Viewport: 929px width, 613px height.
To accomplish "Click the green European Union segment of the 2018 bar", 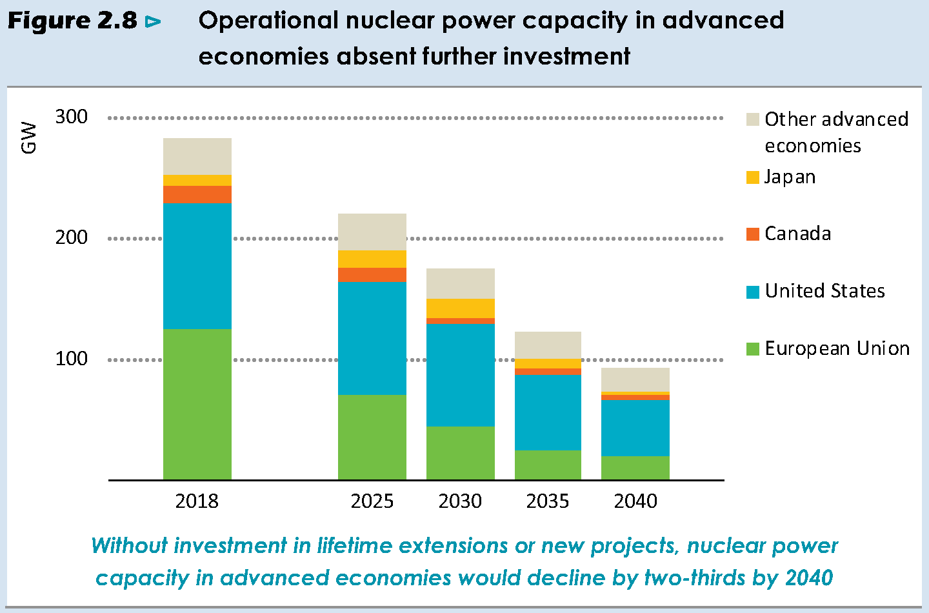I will pyautogui.click(x=197, y=404).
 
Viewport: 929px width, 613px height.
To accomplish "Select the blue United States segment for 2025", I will pyautogui.click(x=372, y=338).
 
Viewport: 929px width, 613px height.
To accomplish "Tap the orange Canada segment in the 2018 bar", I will pyautogui.click(x=197, y=194).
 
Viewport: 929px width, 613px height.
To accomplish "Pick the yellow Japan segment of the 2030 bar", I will pyautogui.click(x=461, y=308).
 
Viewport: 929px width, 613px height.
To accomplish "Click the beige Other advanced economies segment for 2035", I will pyautogui.click(x=548, y=345).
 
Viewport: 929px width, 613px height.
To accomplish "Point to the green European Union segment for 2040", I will pyautogui.click(x=635, y=468).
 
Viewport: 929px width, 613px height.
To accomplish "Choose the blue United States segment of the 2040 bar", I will pyautogui.click(x=635, y=428).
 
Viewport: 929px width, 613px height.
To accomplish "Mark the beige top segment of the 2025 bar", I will pyautogui.click(x=372, y=232).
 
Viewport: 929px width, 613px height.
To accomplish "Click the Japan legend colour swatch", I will pyautogui.click(x=752, y=177).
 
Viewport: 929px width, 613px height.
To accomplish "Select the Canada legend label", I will pyautogui.click(x=797, y=234).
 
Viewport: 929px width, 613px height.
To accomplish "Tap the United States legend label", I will pyautogui.click(x=824, y=291).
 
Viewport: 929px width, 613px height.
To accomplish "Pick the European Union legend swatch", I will pyautogui.click(x=752, y=349).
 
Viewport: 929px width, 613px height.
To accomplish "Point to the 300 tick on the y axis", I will pyautogui.click(x=72, y=117).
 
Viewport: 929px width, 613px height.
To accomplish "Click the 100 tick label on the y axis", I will pyautogui.click(x=72, y=359).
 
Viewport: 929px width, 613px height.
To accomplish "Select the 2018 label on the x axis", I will pyautogui.click(x=197, y=501).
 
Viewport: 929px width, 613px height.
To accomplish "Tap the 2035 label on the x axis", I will pyautogui.click(x=548, y=501).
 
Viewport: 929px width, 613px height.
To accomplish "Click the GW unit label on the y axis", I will pyautogui.click(x=29, y=137).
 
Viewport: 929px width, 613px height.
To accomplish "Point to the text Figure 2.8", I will pyautogui.click(x=72, y=21).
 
